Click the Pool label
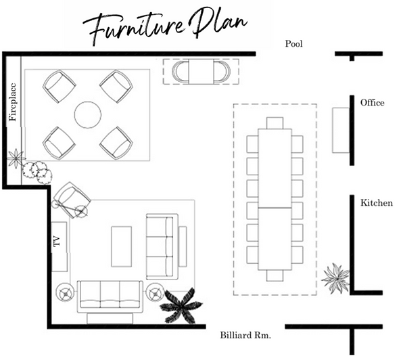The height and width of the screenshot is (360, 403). [x=293, y=44]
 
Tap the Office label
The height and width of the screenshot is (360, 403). [x=372, y=103]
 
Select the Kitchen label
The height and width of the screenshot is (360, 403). [x=377, y=203]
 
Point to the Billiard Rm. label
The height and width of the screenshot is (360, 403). [x=245, y=336]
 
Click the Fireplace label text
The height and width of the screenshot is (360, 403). [x=13, y=102]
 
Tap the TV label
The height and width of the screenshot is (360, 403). [x=57, y=242]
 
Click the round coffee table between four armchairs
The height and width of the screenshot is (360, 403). [x=88, y=114]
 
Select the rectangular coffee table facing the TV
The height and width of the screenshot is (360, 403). [x=121, y=246]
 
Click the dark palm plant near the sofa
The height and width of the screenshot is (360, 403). [x=181, y=306]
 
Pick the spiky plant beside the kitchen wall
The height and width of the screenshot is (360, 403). [x=335, y=279]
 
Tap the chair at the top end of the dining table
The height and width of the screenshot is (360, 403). [x=275, y=123]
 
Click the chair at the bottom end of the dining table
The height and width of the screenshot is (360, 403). [x=275, y=275]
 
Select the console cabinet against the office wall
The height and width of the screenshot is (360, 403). [x=341, y=131]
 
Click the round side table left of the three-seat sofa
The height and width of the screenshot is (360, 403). [x=66, y=292]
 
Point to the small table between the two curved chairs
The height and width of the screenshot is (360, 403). [x=201, y=72]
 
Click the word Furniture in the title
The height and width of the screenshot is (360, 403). [x=134, y=29]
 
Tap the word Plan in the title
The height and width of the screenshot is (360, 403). [x=218, y=23]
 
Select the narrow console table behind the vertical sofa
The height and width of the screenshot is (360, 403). [x=183, y=246]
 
